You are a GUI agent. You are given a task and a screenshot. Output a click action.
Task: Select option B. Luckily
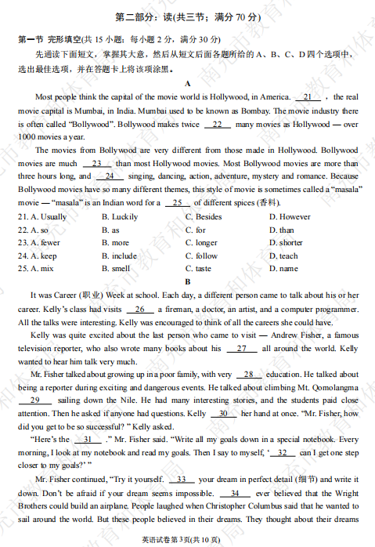click(x=119, y=217)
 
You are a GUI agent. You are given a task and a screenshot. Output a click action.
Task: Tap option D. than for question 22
click(x=282, y=230)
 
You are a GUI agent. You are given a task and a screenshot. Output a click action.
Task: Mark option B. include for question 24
click(x=119, y=255)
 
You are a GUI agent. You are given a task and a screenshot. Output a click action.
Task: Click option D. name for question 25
click(x=283, y=269)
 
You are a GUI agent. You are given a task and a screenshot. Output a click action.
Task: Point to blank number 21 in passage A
click(x=308, y=97)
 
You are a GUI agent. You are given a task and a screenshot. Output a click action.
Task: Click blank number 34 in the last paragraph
click(x=235, y=494)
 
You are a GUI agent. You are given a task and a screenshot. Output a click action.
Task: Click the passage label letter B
click(x=187, y=281)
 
